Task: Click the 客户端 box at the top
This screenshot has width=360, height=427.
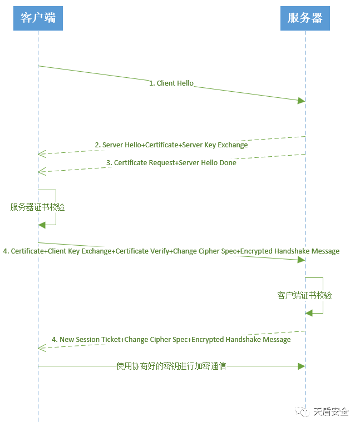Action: tap(38, 18)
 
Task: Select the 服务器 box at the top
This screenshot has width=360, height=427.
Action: tap(305, 18)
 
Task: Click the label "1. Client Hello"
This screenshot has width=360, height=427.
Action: tap(171, 83)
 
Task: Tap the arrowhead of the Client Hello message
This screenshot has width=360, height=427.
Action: tap(302, 100)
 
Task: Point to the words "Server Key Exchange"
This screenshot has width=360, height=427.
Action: tap(215, 145)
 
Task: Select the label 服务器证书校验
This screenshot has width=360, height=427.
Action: tap(38, 207)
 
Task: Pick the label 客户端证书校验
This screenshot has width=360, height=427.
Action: tap(305, 295)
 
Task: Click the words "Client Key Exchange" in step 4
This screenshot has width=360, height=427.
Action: tap(79, 251)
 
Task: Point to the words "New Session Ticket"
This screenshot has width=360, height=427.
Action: tap(91, 340)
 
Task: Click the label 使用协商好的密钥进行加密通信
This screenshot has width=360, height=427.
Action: tap(171, 366)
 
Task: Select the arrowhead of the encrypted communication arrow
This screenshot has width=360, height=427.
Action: tap(302, 366)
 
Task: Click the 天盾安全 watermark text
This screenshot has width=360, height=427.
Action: tap(331, 412)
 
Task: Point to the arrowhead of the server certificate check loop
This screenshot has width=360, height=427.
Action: tap(41, 225)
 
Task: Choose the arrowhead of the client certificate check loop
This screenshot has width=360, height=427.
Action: tap(309, 313)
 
